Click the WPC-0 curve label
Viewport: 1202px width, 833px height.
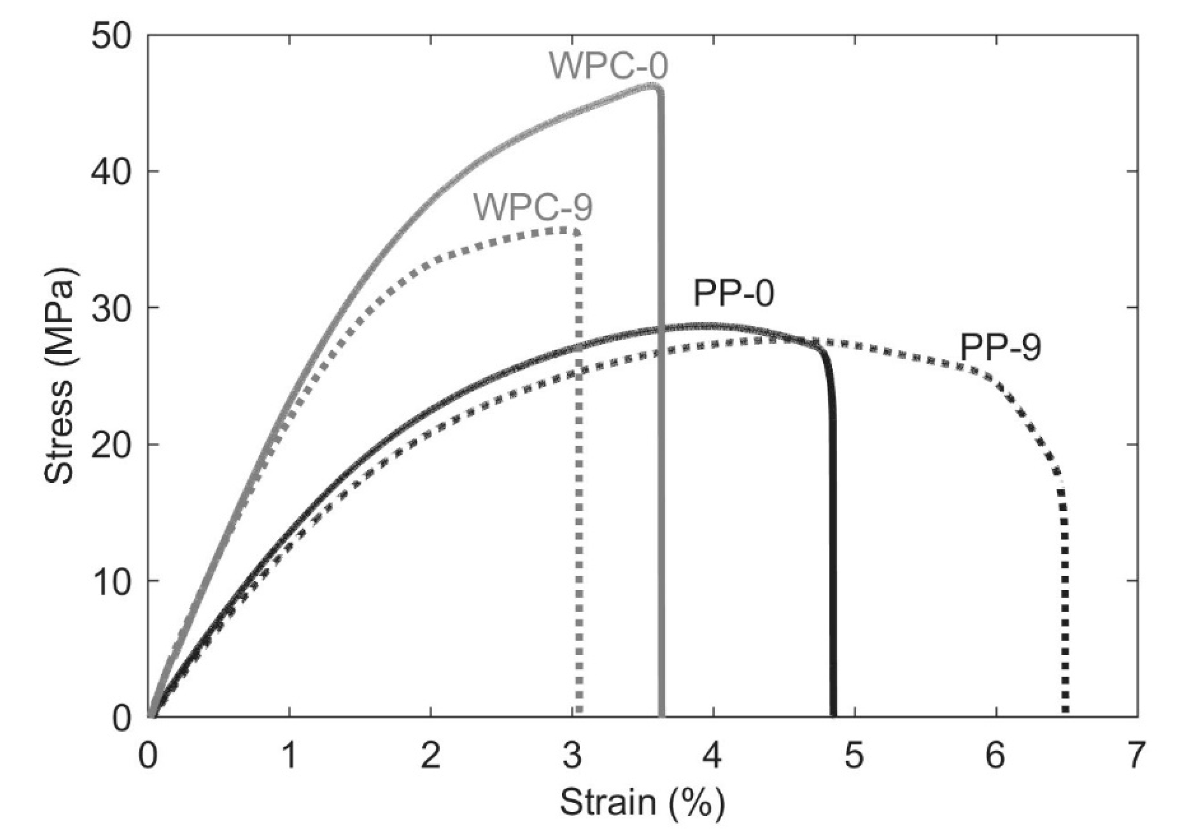(x=608, y=66)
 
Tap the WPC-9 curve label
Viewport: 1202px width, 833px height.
(x=533, y=207)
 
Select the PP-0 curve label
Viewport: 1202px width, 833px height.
(x=733, y=293)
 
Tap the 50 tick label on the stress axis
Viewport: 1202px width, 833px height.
(x=110, y=36)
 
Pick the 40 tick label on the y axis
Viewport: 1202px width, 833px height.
(x=110, y=172)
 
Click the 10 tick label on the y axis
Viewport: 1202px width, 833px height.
(x=110, y=581)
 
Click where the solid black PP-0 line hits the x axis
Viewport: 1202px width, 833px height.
(x=833, y=714)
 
